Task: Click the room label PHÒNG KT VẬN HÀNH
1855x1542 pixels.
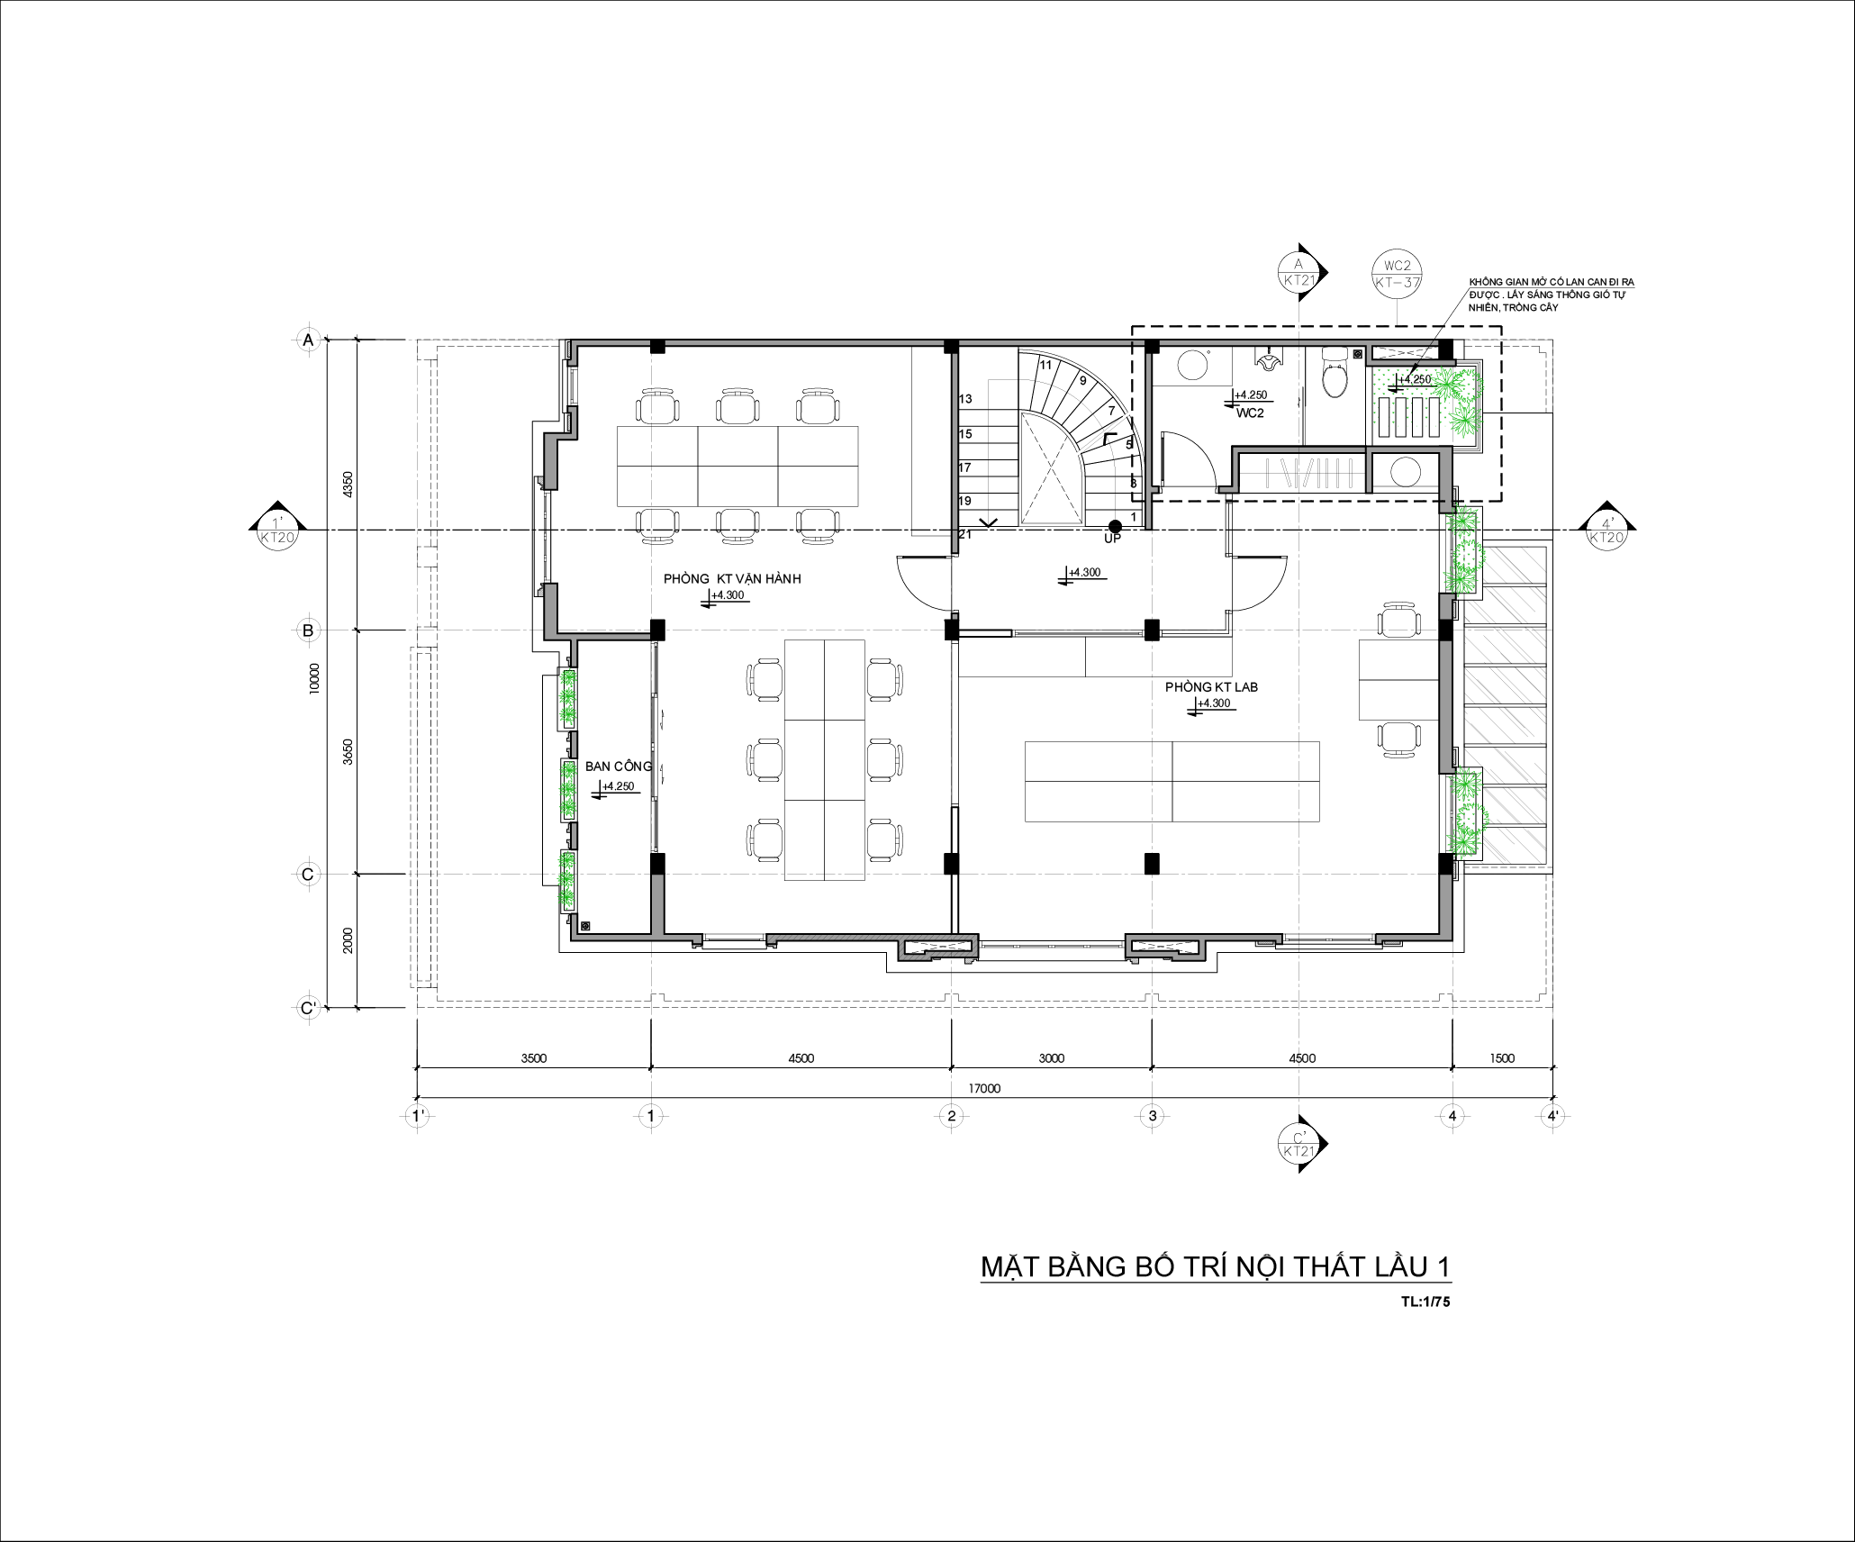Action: [732, 579]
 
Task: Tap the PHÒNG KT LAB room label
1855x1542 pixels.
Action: [1211, 687]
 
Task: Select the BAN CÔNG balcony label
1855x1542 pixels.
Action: [619, 766]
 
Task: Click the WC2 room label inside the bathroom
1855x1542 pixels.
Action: [1249, 413]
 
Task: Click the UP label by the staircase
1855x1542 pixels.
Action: [1113, 539]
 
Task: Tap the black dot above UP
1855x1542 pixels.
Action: [1115, 526]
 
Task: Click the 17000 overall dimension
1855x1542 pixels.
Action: [984, 1088]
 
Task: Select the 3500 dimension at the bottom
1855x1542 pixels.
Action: [533, 1058]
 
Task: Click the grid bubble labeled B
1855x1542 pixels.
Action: [308, 630]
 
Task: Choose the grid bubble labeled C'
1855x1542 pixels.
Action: [308, 1008]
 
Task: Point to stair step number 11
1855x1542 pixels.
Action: [1045, 365]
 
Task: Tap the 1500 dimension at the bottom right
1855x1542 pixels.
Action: [1502, 1058]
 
